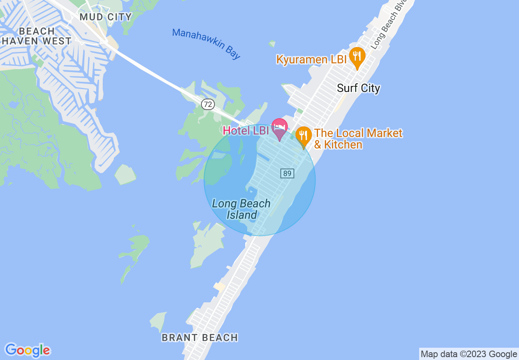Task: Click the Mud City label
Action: (x=106, y=17)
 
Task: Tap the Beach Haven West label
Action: (x=36, y=36)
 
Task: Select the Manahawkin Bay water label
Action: (x=206, y=43)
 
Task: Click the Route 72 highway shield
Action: (x=208, y=104)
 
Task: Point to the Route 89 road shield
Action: (x=287, y=173)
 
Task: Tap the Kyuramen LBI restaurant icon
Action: (x=357, y=56)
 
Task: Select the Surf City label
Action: (x=358, y=88)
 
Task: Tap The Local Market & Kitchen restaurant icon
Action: (x=303, y=135)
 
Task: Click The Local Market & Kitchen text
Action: (x=358, y=139)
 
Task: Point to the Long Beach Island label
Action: (x=241, y=209)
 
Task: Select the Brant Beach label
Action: (x=200, y=337)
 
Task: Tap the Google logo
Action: (x=27, y=350)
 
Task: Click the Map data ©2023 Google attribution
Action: (x=469, y=354)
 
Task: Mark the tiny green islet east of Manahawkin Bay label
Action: (x=272, y=43)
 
